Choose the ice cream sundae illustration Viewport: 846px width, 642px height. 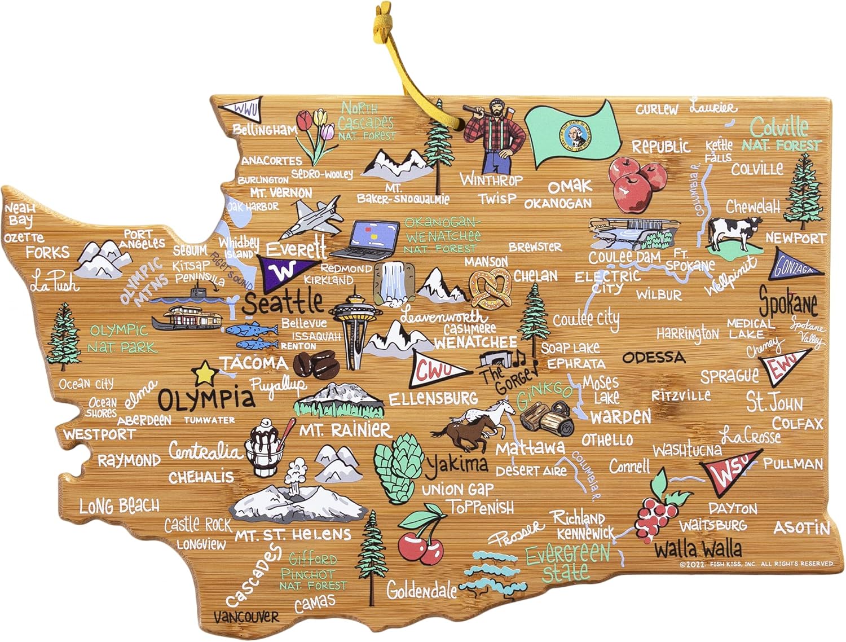click(267, 448)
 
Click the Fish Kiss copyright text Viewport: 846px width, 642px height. click(756, 564)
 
